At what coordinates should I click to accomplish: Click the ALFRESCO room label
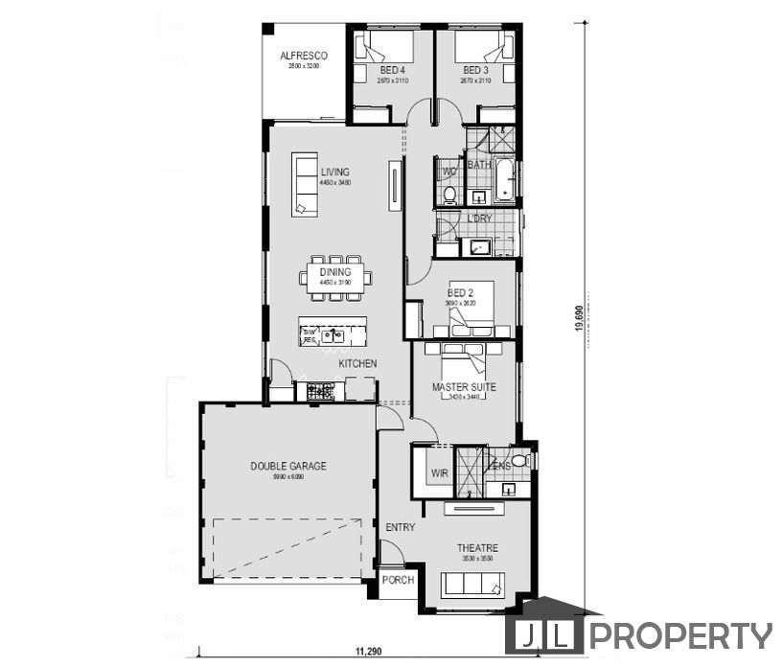[x=304, y=56]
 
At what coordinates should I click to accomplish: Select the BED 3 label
[x=475, y=71]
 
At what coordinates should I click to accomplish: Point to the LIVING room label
[x=335, y=172]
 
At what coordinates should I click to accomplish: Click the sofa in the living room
[x=306, y=183]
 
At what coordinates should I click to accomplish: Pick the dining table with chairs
[x=335, y=277]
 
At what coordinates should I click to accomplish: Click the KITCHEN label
[x=357, y=364]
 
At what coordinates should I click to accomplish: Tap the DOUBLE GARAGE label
[x=288, y=466]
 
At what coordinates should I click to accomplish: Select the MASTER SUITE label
[x=464, y=387]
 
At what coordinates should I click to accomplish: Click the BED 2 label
[x=461, y=293]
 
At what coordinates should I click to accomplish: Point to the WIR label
[x=440, y=473]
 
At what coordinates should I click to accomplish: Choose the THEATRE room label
[x=476, y=548]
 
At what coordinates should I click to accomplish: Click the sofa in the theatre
[x=470, y=584]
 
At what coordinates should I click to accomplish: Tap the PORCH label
[x=398, y=580]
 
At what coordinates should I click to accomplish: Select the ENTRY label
[x=400, y=528]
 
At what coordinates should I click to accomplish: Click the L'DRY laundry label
[x=479, y=218]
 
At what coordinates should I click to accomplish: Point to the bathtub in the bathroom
[x=505, y=181]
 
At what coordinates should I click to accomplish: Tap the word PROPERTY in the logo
[x=679, y=635]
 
